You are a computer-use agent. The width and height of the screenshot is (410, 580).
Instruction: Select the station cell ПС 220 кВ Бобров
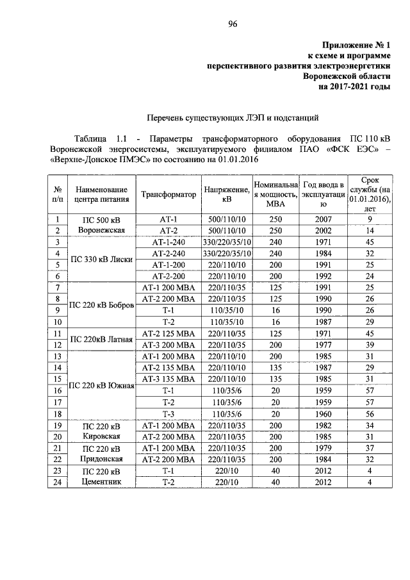(101, 305)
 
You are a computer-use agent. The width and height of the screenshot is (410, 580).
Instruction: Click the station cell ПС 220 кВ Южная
(101, 385)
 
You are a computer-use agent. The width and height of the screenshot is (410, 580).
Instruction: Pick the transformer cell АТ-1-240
(168, 242)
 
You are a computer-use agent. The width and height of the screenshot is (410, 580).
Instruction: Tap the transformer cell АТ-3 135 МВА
(168, 378)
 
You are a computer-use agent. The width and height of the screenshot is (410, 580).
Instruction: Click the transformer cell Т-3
(168, 413)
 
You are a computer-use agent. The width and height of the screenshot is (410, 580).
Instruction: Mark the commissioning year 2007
(324, 219)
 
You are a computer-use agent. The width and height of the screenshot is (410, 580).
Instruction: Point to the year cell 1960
(324, 413)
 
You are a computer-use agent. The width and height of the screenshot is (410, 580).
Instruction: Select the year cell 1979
(324, 448)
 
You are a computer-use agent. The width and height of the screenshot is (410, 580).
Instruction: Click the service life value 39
(368, 344)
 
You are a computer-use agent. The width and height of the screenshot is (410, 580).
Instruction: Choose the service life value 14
(368, 230)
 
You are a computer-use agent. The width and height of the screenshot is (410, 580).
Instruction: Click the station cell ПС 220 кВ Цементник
(101, 477)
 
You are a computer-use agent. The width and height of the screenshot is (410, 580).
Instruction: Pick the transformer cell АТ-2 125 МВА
(168, 333)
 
